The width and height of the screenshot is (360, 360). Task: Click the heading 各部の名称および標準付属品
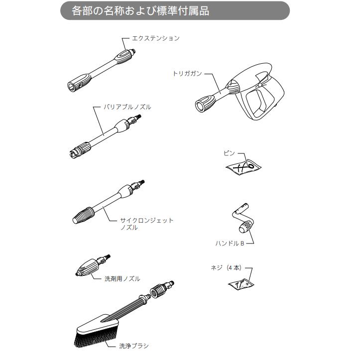point(141,11)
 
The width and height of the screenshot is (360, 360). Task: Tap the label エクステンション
point(155,38)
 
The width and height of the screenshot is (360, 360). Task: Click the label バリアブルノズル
point(127,107)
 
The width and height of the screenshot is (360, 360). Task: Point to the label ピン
point(229,154)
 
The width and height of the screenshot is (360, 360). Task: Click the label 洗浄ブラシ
point(133,345)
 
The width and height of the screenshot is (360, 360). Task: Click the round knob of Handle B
point(244,229)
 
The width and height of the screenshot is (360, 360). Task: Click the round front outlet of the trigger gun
point(202,104)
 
